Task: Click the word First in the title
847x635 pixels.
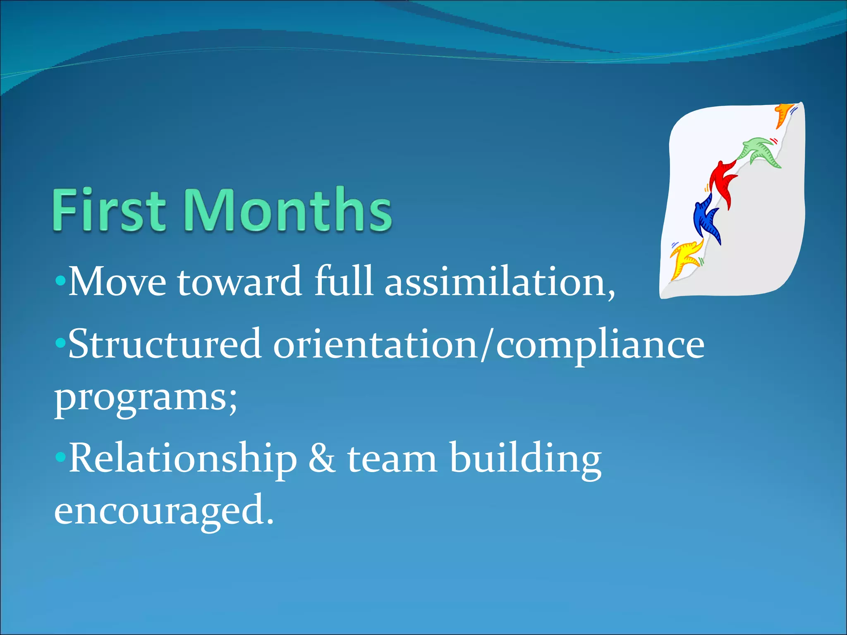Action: click(x=109, y=210)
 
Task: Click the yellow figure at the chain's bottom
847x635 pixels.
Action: click(x=685, y=259)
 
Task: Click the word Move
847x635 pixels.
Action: click(x=117, y=282)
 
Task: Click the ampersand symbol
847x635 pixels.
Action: click(x=322, y=458)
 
